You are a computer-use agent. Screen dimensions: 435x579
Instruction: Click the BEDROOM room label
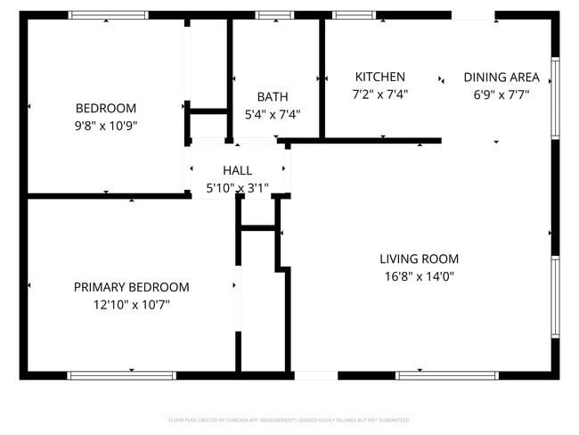pyautogui.click(x=106, y=108)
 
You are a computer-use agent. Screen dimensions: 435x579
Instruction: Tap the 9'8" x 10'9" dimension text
pyautogui.click(x=106, y=126)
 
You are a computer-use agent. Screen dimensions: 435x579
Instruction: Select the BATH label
pyautogui.click(x=273, y=96)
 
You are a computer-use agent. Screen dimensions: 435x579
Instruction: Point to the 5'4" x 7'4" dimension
pyautogui.click(x=273, y=114)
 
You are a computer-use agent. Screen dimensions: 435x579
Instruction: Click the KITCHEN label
pyautogui.click(x=379, y=77)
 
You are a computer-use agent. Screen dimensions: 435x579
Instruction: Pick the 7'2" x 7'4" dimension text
pyautogui.click(x=379, y=94)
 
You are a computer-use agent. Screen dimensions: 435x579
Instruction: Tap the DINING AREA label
pyautogui.click(x=502, y=77)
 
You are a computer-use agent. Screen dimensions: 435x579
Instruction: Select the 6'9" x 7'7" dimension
pyautogui.click(x=502, y=94)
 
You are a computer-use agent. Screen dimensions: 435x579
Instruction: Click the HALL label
pyautogui.click(x=237, y=170)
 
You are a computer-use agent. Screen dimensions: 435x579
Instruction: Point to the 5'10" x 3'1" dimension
pyautogui.click(x=237, y=187)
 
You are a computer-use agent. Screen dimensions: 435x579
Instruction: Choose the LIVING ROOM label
pyautogui.click(x=418, y=259)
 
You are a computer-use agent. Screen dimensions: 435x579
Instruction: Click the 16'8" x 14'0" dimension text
pyautogui.click(x=418, y=276)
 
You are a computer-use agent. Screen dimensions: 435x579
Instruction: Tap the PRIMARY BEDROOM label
pyautogui.click(x=131, y=287)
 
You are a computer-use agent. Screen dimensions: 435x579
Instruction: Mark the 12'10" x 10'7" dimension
pyautogui.click(x=131, y=305)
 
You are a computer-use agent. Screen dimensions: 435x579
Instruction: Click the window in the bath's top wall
pyautogui.click(x=273, y=15)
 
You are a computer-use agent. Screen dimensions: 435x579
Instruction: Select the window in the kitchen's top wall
pyautogui.click(x=354, y=15)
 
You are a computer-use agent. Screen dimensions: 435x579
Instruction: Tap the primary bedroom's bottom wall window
pyautogui.click(x=110, y=375)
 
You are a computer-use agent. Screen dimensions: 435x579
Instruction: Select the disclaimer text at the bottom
pyautogui.click(x=289, y=419)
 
